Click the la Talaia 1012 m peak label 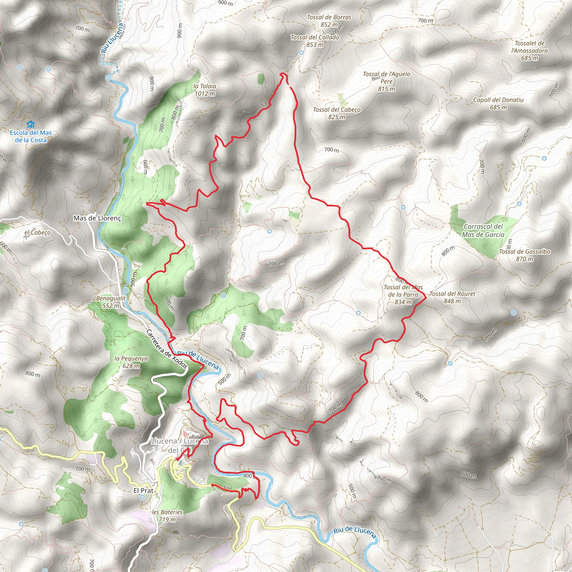[x=204, y=90]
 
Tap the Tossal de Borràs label [x=329, y=21]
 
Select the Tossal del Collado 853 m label [x=315, y=41]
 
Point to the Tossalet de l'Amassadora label [x=529, y=51]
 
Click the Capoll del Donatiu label [x=498, y=103]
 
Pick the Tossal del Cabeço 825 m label [x=337, y=113]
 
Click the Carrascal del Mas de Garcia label [x=483, y=230]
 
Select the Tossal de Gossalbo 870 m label [x=524, y=255]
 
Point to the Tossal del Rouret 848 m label [x=452, y=297]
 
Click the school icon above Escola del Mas [x=30, y=124]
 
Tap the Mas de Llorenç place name [x=97, y=218]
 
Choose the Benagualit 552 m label [x=111, y=302]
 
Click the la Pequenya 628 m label [x=131, y=362]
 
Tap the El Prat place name [x=143, y=490]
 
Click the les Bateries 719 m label [x=167, y=516]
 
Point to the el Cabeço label [x=37, y=232]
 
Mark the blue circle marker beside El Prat [x=142, y=497]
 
